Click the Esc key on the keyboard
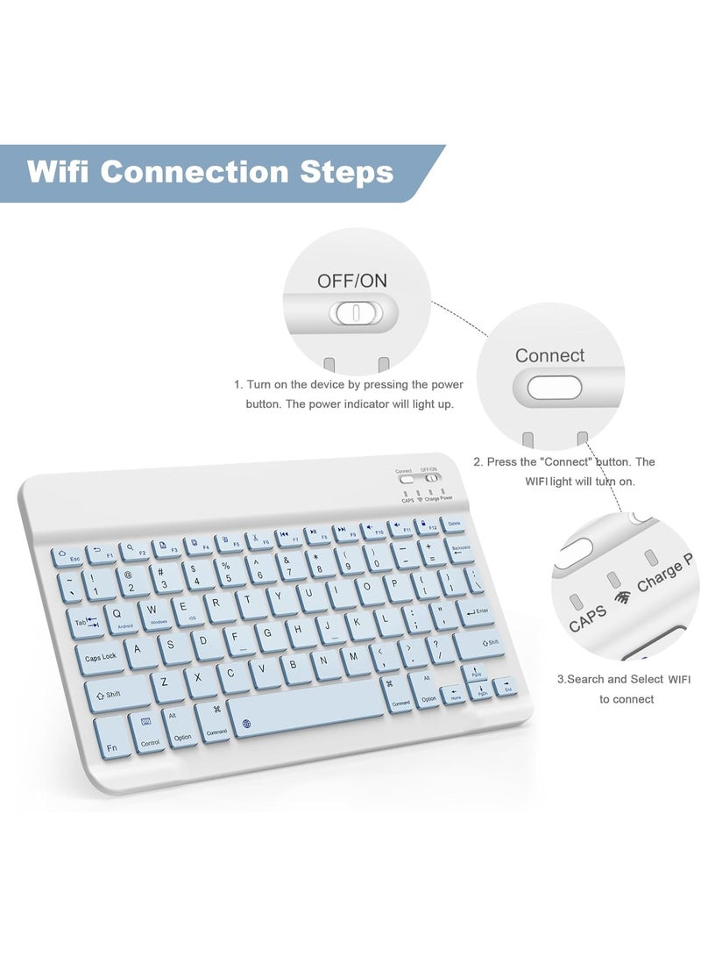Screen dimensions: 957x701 (x=69, y=556)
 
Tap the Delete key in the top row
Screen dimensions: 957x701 (x=453, y=523)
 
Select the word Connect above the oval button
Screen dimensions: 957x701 (x=549, y=355)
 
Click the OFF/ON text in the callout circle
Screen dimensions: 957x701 (x=352, y=281)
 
